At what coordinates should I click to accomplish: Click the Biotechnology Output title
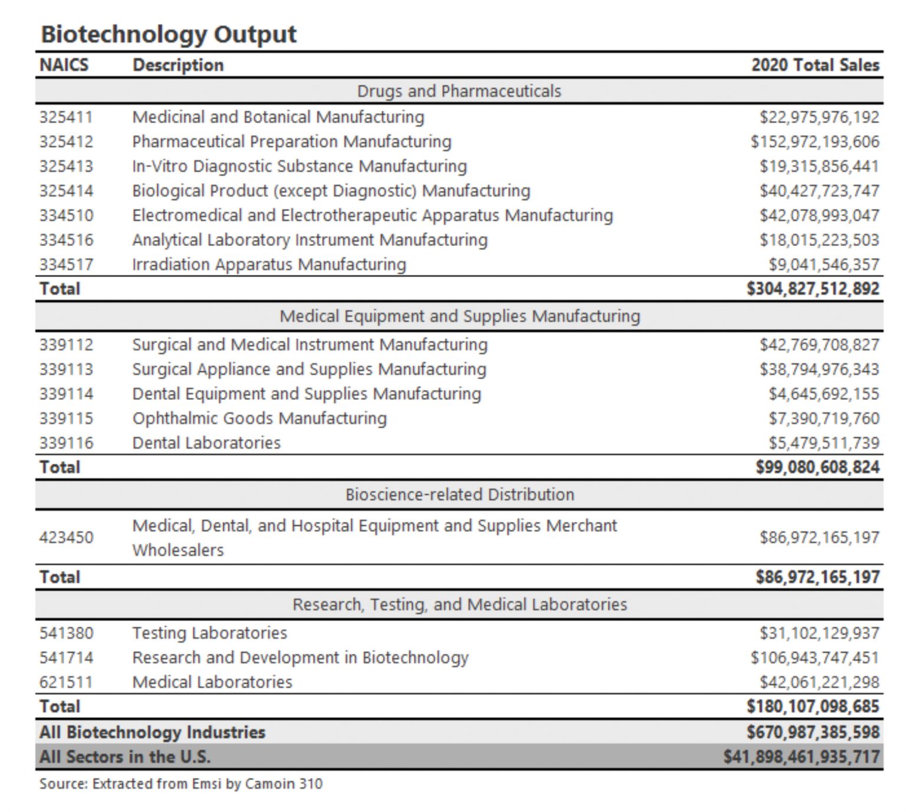coord(169,34)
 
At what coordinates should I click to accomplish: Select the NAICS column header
coord(64,65)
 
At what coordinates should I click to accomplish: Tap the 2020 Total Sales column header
coord(815,65)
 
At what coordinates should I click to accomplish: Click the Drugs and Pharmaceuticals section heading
coord(459,91)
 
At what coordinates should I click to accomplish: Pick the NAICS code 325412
coord(66,142)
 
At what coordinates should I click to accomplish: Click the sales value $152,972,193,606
coord(814,142)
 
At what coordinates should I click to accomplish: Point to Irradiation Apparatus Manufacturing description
coord(269,264)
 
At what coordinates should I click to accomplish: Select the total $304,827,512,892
coord(812,289)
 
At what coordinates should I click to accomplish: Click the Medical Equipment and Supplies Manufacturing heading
coord(459,316)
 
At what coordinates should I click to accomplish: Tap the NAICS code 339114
coord(66,393)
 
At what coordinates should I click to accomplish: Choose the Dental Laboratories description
coord(206,443)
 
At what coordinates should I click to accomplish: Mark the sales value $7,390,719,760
coord(823,418)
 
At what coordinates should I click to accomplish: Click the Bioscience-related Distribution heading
coord(459,494)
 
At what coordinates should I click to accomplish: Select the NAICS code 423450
coord(66,537)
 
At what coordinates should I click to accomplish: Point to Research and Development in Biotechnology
coord(300,658)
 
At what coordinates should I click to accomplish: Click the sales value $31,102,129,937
coord(819,633)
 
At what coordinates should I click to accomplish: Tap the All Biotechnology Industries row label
coord(152,732)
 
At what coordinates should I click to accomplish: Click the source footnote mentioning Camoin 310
coord(181,784)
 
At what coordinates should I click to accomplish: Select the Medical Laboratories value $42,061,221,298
coord(819,682)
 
